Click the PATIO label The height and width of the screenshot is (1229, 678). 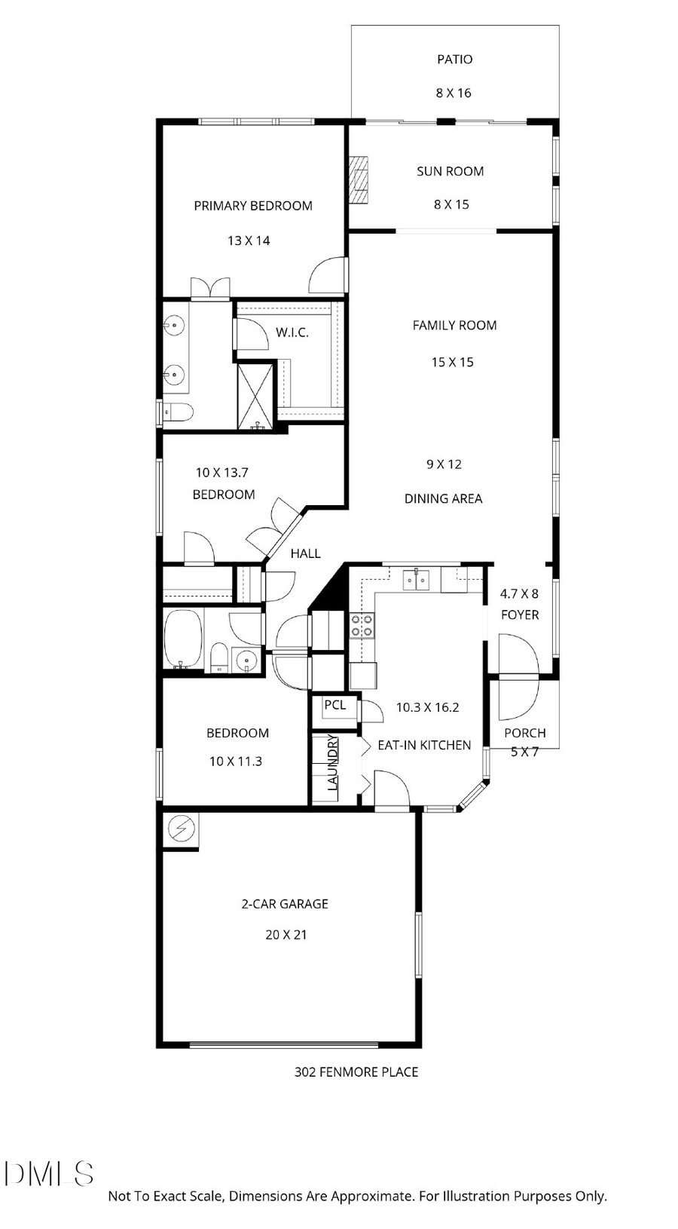click(x=455, y=60)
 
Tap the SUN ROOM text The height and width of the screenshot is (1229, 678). click(x=450, y=171)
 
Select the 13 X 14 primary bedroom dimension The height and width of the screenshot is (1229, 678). click(x=249, y=241)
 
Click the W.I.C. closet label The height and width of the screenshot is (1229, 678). click(x=292, y=333)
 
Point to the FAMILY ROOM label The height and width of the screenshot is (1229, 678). click(x=454, y=326)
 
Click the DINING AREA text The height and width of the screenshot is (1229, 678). click(x=443, y=498)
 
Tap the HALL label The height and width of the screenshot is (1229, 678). click(x=306, y=553)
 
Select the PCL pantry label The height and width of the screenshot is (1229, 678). click(x=335, y=705)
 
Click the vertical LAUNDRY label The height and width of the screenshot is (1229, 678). click(x=332, y=762)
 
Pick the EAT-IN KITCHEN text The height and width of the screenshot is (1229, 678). click(x=424, y=745)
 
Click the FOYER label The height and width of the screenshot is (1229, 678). click(x=520, y=614)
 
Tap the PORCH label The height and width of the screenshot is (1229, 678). click(x=525, y=733)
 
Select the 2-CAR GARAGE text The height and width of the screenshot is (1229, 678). click(x=285, y=903)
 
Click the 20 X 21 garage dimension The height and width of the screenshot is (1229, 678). click(x=286, y=934)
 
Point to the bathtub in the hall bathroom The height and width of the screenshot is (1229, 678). click(x=182, y=639)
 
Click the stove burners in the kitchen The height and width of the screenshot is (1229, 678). click(x=361, y=625)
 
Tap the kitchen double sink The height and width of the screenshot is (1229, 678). click(x=416, y=580)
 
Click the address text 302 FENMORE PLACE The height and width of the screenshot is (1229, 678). click(x=356, y=1071)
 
